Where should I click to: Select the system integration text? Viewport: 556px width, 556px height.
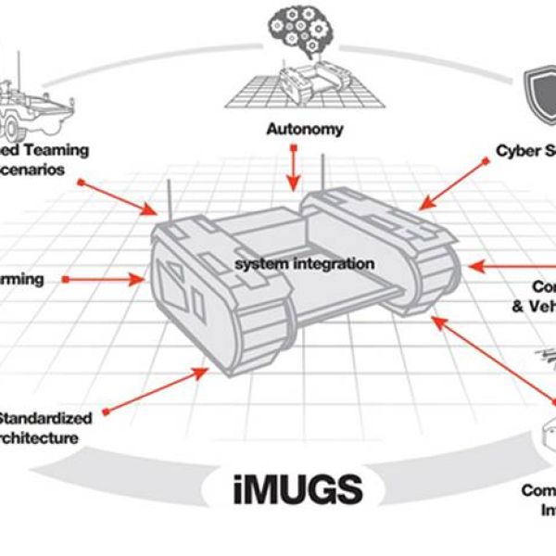click(x=304, y=264)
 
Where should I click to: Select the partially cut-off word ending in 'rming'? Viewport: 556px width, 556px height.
click(x=22, y=279)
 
